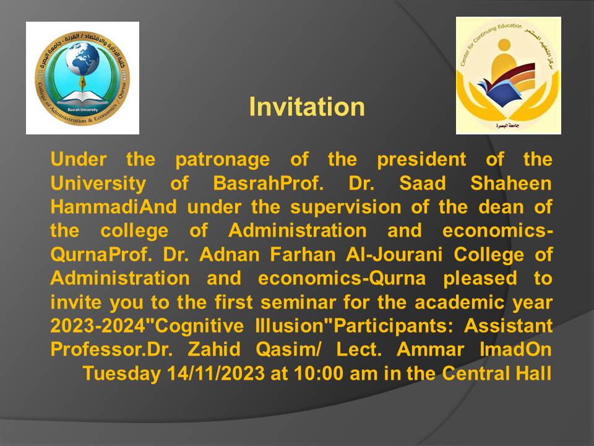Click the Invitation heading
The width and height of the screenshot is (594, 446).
[x=307, y=107]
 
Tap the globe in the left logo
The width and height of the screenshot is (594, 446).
[x=82, y=59]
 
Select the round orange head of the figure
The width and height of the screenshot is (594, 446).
[x=504, y=45]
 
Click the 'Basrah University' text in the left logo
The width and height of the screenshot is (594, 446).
[x=82, y=110]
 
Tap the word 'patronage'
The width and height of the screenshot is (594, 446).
[x=222, y=160]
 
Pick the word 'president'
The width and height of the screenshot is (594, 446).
[x=421, y=159]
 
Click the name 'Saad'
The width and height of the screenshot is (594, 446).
[x=423, y=183]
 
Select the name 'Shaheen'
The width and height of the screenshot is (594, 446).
[x=510, y=183]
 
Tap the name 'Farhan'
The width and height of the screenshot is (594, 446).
[x=303, y=255]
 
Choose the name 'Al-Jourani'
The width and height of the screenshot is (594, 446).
[x=394, y=255]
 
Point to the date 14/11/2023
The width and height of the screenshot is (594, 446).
[x=216, y=374]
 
